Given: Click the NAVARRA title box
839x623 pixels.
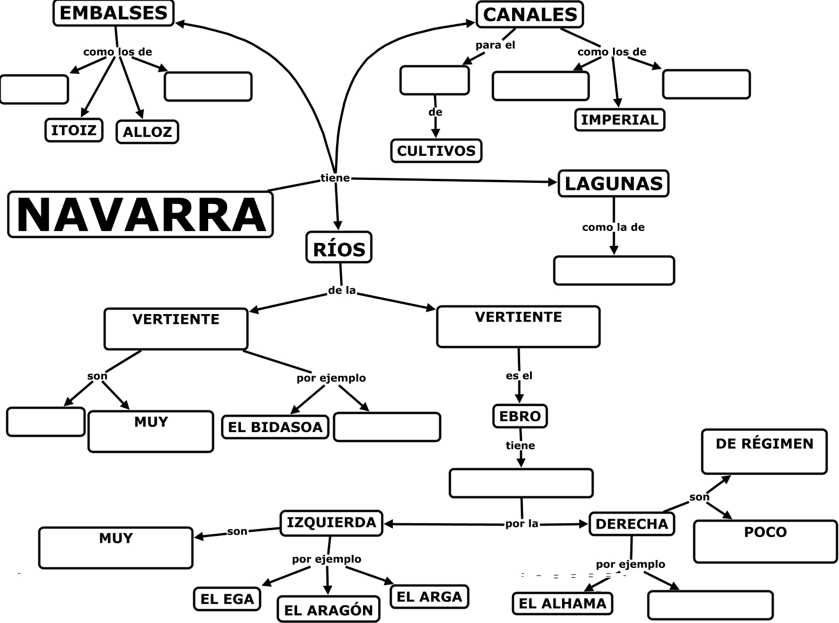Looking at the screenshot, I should (x=141, y=214).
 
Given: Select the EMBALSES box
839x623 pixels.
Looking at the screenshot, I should (x=114, y=13).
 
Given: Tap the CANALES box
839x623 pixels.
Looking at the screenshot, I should (x=529, y=15).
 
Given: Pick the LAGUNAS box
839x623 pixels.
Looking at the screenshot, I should (x=613, y=183).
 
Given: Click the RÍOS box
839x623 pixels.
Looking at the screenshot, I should (x=339, y=248).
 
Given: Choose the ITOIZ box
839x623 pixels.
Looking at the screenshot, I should (x=74, y=130).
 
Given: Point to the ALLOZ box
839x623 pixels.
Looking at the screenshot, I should (x=147, y=132).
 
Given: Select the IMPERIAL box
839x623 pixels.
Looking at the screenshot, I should (x=619, y=120).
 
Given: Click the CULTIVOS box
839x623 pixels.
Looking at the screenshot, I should (x=436, y=151).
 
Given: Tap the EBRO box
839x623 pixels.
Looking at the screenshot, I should (x=520, y=416).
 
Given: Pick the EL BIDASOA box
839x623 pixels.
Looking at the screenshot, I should (x=275, y=427).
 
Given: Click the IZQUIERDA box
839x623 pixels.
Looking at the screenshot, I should (x=331, y=523).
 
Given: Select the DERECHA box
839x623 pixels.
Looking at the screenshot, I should (x=631, y=524).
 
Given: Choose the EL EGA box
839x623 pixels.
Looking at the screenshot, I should (x=227, y=599).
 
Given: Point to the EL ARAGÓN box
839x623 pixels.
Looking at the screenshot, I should (x=329, y=610).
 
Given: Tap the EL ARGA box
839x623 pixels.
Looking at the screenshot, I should (x=429, y=597).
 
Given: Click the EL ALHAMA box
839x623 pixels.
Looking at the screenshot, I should (x=562, y=603).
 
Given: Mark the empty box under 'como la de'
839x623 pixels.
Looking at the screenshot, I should (x=614, y=271).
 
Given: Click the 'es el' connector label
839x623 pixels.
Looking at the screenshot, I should (x=519, y=376).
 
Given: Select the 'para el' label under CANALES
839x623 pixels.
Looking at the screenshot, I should (x=495, y=45).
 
